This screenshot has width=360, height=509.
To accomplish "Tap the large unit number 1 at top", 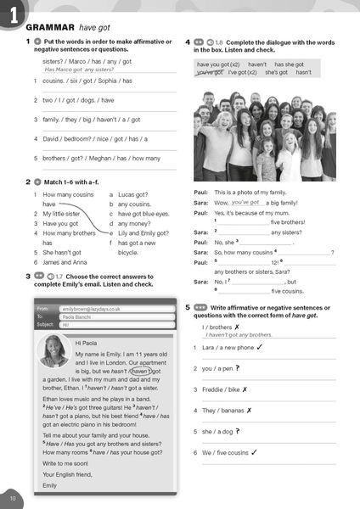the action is tap(12, 12).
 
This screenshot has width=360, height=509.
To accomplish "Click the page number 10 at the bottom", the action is tap(12, 495).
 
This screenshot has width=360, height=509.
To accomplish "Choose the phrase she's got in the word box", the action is tap(277, 73).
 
